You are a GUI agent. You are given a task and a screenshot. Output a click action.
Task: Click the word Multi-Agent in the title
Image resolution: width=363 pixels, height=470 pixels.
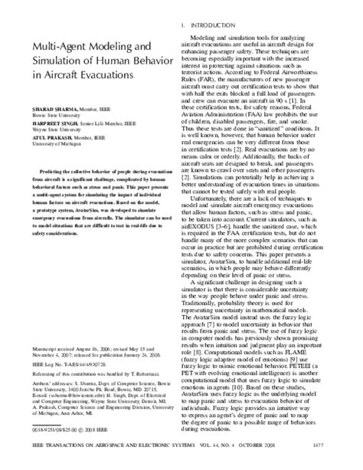pyautogui.click(x=56, y=48)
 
